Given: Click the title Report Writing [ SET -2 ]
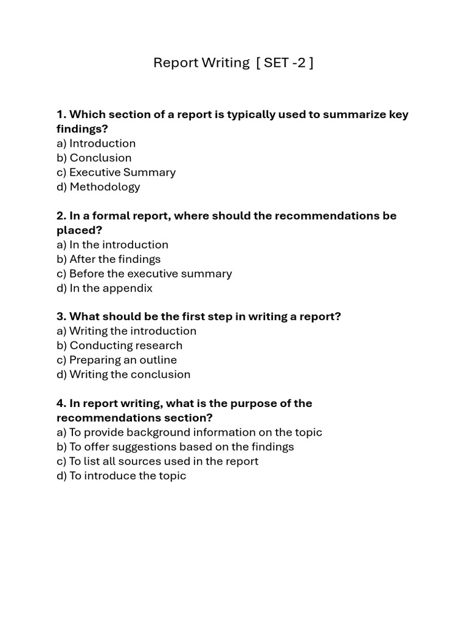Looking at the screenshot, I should click(x=233, y=63).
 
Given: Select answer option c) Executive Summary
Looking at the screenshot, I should click(x=116, y=172).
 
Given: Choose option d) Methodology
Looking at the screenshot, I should click(x=99, y=187).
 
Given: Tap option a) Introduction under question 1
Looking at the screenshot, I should click(x=96, y=144).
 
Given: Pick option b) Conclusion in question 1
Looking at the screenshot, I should click(x=94, y=158).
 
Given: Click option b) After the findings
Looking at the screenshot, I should click(x=109, y=259).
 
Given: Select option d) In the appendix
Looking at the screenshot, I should click(x=105, y=288).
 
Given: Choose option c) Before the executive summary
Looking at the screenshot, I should click(x=144, y=274).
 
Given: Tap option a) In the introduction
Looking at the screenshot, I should click(x=112, y=245).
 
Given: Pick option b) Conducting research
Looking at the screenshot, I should click(x=120, y=346).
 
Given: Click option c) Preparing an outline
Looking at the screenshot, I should click(x=117, y=360).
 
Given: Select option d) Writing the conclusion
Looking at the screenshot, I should click(x=123, y=375).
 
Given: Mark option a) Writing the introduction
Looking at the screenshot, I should click(x=126, y=331).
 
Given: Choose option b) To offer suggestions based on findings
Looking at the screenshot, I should click(x=175, y=447).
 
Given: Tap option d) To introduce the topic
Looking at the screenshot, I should click(x=122, y=476).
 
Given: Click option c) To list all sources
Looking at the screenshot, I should click(x=157, y=461).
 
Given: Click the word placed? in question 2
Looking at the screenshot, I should click(x=80, y=230).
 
